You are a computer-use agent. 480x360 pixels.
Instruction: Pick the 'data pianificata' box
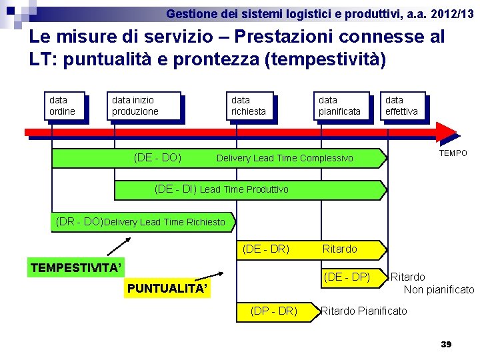click(341, 105)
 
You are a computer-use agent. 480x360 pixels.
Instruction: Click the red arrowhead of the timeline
click(447, 132)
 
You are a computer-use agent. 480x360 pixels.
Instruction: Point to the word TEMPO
click(453, 153)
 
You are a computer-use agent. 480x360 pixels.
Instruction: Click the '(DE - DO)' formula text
click(157, 158)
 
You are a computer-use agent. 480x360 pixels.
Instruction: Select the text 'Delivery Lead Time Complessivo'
click(285, 159)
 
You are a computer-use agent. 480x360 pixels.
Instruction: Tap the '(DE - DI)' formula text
click(175, 189)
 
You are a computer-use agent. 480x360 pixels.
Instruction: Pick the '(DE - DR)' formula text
click(266, 249)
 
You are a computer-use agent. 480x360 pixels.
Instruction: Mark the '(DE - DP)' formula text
click(347, 277)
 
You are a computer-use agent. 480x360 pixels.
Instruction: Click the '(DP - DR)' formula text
click(273, 311)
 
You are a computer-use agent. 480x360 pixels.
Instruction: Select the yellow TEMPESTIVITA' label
click(76, 268)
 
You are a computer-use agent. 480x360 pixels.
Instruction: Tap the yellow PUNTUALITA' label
click(167, 289)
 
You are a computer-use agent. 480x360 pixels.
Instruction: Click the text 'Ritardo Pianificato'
click(364, 311)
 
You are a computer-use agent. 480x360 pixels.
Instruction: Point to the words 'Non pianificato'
click(439, 289)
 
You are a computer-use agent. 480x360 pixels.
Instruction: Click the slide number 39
click(446, 344)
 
